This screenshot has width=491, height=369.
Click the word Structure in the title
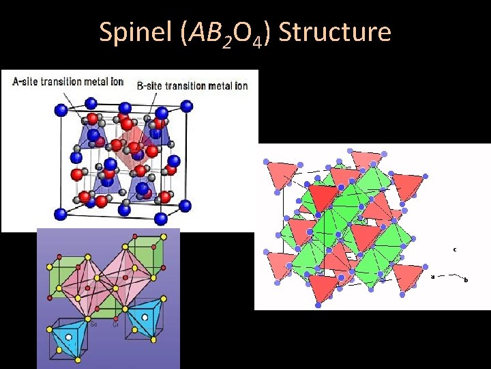[335, 32]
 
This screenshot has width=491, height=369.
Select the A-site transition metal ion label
[68, 81]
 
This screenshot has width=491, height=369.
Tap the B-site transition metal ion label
[192, 85]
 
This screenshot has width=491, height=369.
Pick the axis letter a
[432, 277]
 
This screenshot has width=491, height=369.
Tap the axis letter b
[465, 279]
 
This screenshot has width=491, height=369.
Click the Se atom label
[94, 324]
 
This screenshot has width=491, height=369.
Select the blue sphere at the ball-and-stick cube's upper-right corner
[186, 106]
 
